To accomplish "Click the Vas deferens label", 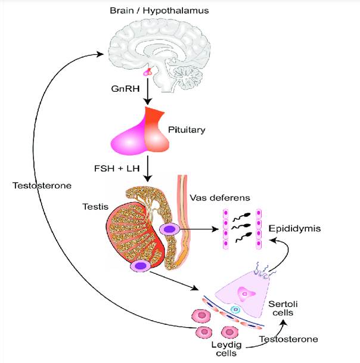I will click(x=216, y=197).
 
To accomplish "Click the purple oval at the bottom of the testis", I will click(x=141, y=266).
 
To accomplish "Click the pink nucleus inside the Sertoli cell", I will click(x=244, y=292).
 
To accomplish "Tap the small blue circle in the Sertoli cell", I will click(x=235, y=310).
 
